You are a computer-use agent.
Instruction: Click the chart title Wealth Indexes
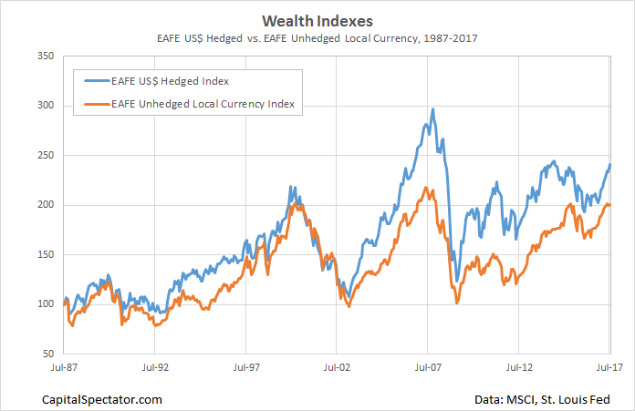click(317, 19)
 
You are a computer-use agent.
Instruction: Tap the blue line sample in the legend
click(96, 81)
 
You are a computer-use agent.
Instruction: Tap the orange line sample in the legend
click(96, 105)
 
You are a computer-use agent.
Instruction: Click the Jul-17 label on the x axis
click(609, 369)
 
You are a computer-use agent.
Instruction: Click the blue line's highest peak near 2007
click(432, 109)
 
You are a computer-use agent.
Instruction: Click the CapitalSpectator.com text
click(102, 398)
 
